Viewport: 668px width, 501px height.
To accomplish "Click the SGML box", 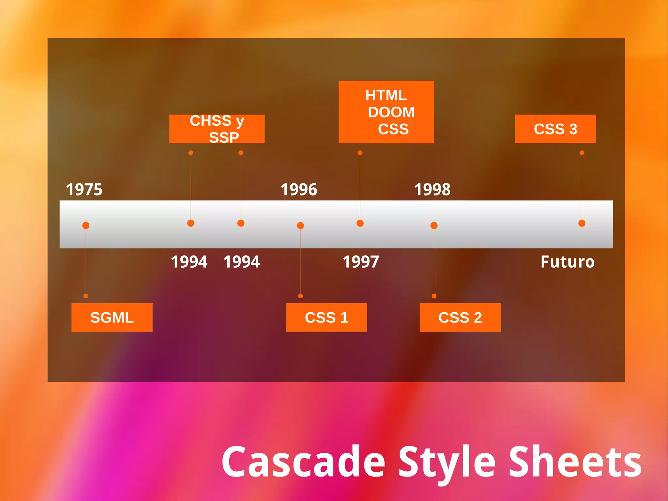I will point(112,317).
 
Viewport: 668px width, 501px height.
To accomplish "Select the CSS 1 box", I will point(326,317).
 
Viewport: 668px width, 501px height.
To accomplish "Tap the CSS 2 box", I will point(460,317).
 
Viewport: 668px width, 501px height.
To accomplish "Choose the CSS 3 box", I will point(555,129).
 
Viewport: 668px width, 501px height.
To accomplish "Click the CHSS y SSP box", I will point(217,129).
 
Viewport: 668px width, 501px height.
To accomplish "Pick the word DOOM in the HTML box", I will point(391,112).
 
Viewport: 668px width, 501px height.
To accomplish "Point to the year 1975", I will point(84,190).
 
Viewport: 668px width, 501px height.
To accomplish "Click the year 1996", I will point(299,190).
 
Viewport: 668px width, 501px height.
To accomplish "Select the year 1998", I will point(432,190).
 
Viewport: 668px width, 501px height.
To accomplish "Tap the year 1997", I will point(361,262).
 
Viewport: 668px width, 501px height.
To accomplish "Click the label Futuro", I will point(568,262).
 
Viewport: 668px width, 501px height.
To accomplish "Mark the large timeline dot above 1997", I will point(360,223).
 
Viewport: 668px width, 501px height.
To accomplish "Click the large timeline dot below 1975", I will point(86,226).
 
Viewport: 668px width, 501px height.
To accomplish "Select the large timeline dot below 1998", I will point(434,226).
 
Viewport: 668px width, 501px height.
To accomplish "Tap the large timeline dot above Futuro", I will point(582,223).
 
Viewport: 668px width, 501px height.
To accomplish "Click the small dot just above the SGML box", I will point(86,296).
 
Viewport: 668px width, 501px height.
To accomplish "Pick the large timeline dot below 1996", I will point(300,226).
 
